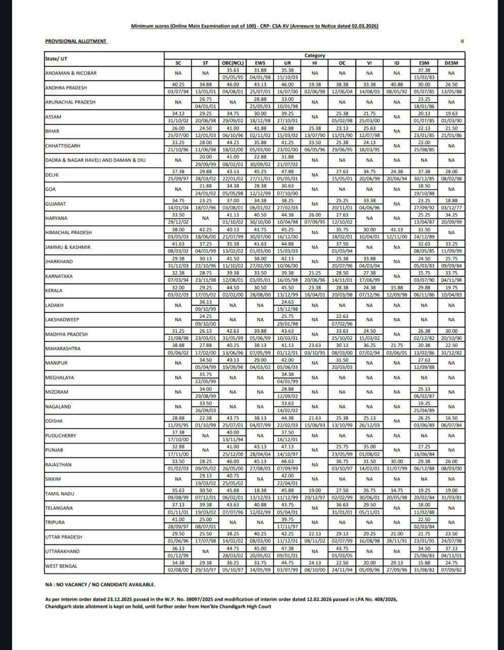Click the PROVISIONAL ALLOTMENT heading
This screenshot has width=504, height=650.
click(x=76, y=41)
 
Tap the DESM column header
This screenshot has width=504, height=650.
click(x=451, y=63)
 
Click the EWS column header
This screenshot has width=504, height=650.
click(x=260, y=63)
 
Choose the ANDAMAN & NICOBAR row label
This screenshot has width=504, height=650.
click(x=71, y=73)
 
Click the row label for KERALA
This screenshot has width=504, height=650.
click(x=54, y=290)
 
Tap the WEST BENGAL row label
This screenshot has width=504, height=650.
click(x=61, y=566)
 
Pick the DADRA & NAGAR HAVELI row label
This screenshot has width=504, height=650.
click(x=95, y=160)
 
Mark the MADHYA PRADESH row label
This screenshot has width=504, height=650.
click(x=66, y=334)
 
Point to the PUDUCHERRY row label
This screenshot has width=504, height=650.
click(x=61, y=436)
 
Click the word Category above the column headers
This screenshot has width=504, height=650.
click(x=315, y=55)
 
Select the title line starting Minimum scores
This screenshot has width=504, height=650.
click(x=254, y=26)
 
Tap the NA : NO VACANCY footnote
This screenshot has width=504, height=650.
click(x=100, y=584)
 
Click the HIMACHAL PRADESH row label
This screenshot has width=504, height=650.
click(x=69, y=233)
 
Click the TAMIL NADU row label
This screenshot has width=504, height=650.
click(x=59, y=494)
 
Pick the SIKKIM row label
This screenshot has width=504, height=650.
click(x=53, y=479)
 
